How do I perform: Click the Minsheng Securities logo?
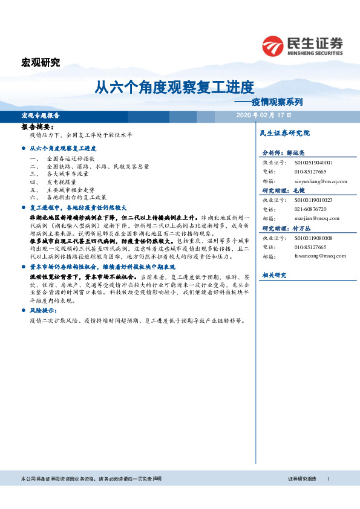[x=302, y=45]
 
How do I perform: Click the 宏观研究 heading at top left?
[x=41, y=63]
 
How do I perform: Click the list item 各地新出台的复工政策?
[x=76, y=197]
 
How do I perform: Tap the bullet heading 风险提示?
[x=43, y=310]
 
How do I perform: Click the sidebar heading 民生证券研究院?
[x=284, y=133]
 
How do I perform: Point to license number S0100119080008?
[x=313, y=238]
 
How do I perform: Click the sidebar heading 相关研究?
[x=273, y=275]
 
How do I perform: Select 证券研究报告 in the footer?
[x=302, y=479]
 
